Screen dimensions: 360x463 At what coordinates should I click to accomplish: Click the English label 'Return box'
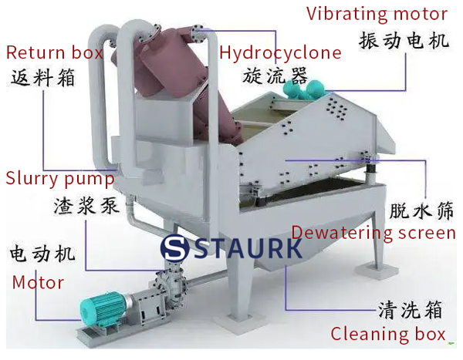point(55,53)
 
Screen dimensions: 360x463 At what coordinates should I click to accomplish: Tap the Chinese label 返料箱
point(44,77)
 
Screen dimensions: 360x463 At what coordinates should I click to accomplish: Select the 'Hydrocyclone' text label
point(280,53)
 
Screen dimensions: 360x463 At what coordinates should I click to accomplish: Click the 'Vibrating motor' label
point(377,14)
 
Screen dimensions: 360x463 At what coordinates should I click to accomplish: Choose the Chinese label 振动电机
point(404,40)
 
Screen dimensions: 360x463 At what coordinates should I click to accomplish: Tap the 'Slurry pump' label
point(59,178)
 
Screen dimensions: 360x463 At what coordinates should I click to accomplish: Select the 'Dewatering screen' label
point(373,232)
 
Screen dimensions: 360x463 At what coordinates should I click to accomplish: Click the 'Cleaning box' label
point(388,335)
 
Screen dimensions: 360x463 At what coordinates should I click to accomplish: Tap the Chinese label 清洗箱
point(410,310)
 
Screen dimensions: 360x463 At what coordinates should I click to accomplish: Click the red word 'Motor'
point(38,282)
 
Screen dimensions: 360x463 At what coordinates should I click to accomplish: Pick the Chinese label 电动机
point(42,254)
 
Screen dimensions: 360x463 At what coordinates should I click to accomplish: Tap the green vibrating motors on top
point(300,89)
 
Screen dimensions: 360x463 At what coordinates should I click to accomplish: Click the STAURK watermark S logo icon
point(176,249)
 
